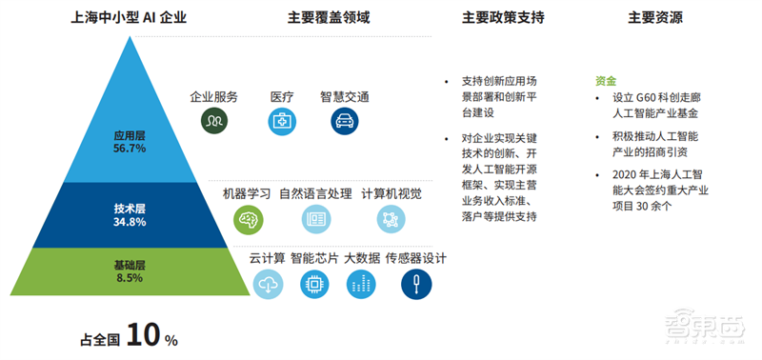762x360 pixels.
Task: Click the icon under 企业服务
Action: coord(213,122)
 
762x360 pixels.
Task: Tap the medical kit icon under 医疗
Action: coord(281,122)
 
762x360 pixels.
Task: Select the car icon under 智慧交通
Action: coord(344,122)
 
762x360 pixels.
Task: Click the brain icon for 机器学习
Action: coord(248,219)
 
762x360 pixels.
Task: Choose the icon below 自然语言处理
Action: coord(316,219)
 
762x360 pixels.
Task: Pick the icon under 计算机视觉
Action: coord(391,219)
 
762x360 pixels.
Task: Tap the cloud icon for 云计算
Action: coord(268,283)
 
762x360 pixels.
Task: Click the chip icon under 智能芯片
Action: coord(311,283)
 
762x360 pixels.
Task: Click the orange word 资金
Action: coord(605,81)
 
